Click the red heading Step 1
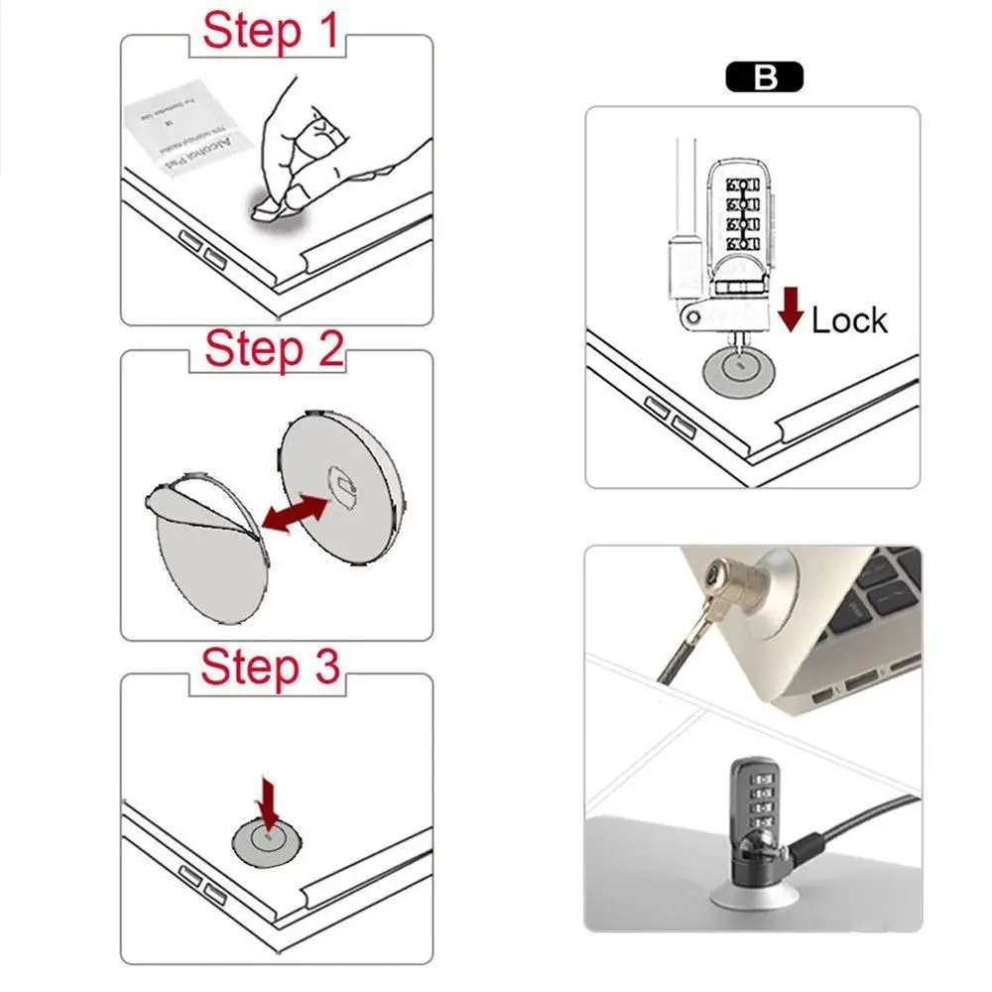[271, 32]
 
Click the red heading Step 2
[274, 349]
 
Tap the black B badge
[764, 78]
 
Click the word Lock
[849, 320]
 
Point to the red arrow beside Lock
[791, 310]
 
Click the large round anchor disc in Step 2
[342, 486]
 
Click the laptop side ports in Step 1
[202, 248]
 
